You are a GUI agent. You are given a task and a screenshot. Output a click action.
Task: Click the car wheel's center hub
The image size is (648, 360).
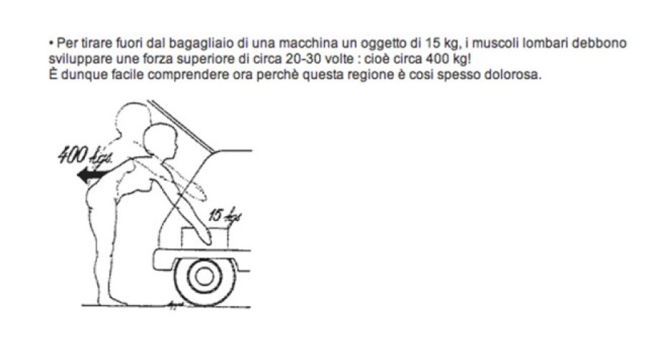pyautogui.click(x=204, y=277)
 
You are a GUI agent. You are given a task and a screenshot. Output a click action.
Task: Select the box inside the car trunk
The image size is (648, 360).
pyautogui.click(x=205, y=238)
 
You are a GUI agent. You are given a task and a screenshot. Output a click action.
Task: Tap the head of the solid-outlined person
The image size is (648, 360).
pyautogui.click(x=161, y=141)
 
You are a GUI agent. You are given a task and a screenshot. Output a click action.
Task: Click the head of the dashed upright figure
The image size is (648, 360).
pyautogui.click(x=132, y=118)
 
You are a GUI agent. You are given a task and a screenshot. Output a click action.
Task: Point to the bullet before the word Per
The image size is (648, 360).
pyautogui.click(x=51, y=43)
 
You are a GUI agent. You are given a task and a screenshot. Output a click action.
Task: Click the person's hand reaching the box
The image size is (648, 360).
pyautogui.click(x=204, y=236)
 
